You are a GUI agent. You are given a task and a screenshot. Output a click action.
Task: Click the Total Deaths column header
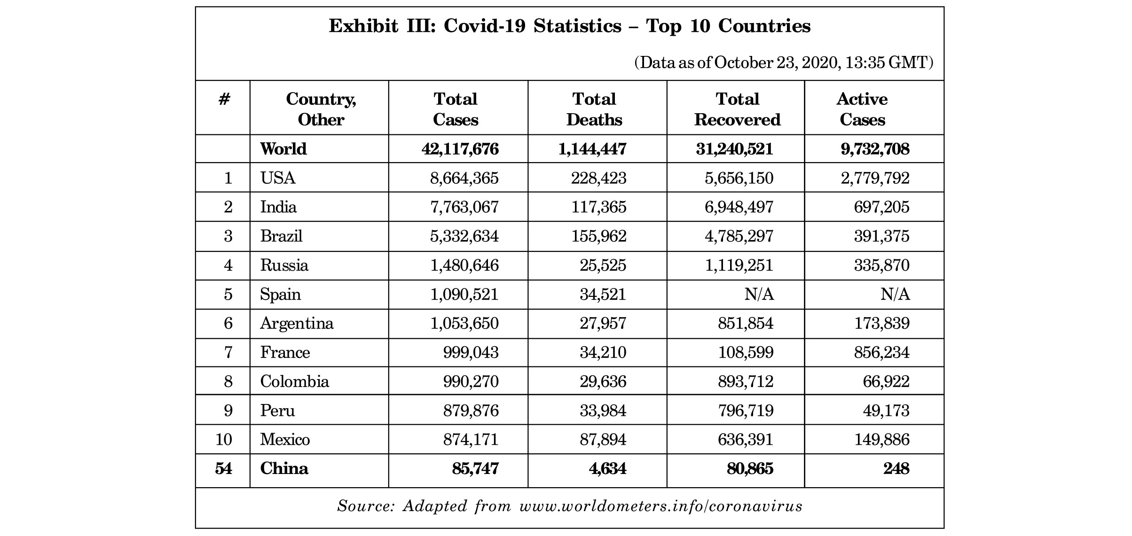point(594,109)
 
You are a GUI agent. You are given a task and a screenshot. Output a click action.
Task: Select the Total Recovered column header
point(737,109)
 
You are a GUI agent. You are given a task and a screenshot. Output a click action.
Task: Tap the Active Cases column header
point(862,109)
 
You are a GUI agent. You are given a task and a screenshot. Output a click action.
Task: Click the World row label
point(283,149)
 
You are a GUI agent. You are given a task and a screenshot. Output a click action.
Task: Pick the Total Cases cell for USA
point(464,178)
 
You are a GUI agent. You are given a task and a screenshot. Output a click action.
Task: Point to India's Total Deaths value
point(598,207)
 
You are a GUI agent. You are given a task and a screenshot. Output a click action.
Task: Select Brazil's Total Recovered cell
point(739,236)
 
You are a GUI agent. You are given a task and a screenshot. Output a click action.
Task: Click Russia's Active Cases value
point(882,265)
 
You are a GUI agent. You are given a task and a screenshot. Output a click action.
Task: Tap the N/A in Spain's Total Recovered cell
point(759,295)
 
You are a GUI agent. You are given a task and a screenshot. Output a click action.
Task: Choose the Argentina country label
point(297,324)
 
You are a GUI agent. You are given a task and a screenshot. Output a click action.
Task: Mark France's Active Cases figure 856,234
point(882,352)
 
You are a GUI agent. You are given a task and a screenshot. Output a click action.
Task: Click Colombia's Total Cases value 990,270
point(471,381)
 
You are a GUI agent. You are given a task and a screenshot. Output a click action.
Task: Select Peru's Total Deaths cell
point(603,411)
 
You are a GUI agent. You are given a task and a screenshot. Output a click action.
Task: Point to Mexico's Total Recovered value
point(746,440)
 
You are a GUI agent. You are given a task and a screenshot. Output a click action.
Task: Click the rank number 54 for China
point(224,468)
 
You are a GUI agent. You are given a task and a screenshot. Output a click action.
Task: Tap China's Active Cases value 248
point(896,468)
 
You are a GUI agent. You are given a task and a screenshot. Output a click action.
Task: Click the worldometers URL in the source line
point(660,506)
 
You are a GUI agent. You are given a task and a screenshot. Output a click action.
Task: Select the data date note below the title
point(784,62)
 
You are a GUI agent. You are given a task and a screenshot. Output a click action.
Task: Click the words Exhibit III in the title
point(383,26)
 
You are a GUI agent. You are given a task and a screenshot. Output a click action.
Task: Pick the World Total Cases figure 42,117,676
point(460,149)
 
